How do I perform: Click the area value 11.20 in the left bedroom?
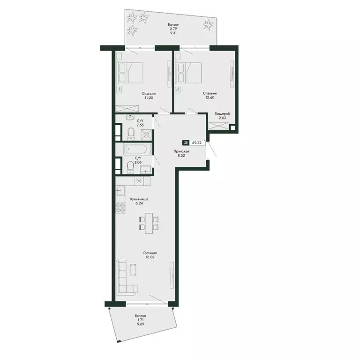(x=149, y=97)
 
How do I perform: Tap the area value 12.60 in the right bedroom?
(x=210, y=97)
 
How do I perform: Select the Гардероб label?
(x=223, y=113)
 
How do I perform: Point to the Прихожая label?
(x=181, y=151)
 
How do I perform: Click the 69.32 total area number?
(x=197, y=142)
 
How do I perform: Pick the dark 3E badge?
(x=186, y=142)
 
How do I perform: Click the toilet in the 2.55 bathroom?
(x=131, y=134)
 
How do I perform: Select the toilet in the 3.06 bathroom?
(x=131, y=167)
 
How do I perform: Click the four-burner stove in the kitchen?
(x=120, y=208)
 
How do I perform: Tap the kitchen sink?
(x=120, y=190)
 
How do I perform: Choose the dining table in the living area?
(x=149, y=223)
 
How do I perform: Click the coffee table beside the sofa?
(x=134, y=270)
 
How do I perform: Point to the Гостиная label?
(x=150, y=253)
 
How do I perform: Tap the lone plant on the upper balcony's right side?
(x=208, y=24)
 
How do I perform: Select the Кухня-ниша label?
(x=139, y=199)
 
